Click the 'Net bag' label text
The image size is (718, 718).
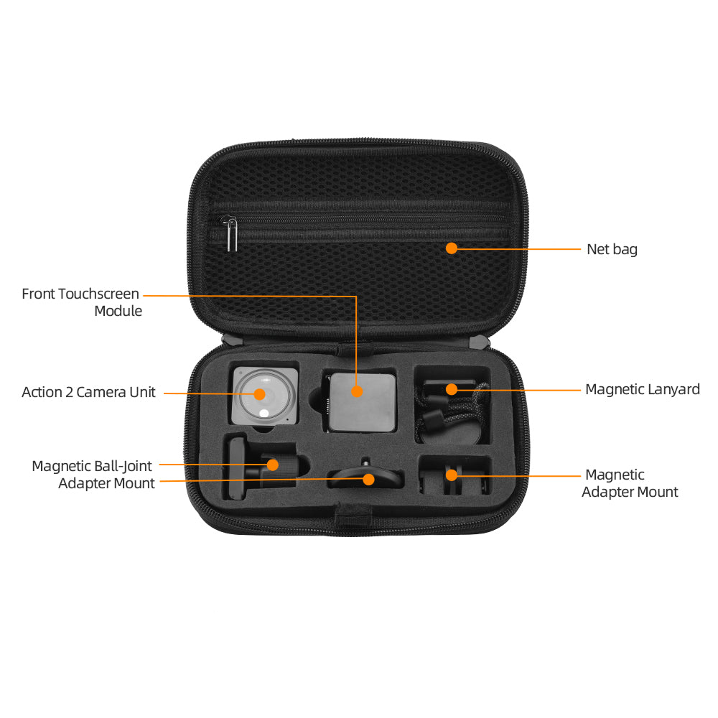[x=612, y=250]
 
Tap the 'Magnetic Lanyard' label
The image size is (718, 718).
[x=643, y=390]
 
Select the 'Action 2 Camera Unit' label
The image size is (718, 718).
[x=88, y=393]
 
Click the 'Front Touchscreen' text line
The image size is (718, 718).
[x=80, y=294]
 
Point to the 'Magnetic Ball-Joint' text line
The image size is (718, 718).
[x=92, y=466]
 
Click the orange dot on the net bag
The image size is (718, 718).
[x=452, y=248]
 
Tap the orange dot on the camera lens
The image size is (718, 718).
[x=260, y=393]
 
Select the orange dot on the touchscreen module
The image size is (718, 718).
[x=357, y=391]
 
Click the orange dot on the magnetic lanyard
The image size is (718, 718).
[x=452, y=389]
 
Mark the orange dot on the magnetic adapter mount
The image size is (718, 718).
[x=452, y=475]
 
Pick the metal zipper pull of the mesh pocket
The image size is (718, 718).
[x=231, y=233]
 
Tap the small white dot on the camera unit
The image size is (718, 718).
[x=264, y=414]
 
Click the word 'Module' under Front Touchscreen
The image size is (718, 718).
[x=118, y=312]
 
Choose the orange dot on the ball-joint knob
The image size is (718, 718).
[x=272, y=465]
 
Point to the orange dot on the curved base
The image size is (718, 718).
[x=368, y=480]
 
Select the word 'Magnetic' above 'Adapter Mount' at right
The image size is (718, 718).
[x=615, y=475]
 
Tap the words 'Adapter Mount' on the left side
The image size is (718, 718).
[x=106, y=483]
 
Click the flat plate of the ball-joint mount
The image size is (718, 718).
[x=237, y=469]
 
